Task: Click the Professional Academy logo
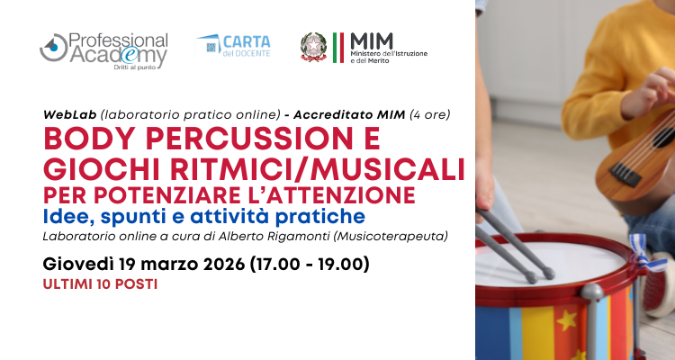pyautogui.click(x=103, y=51)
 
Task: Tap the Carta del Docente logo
pyautogui.click(x=233, y=46)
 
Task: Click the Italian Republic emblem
pyautogui.click(x=313, y=48)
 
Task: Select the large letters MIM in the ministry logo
pyautogui.click(x=372, y=41)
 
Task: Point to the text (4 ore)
pyautogui.click(x=429, y=114)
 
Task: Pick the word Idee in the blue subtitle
pyautogui.click(x=68, y=217)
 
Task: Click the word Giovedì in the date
pyautogui.click(x=78, y=264)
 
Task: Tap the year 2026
pyautogui.click(x=224, y=265)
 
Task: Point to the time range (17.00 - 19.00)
pyautogui.click(x=310, y=265)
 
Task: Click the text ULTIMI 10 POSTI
pyautogui.click(x=100, y=284)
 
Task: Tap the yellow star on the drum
pyautogui.click(x=566, y=320)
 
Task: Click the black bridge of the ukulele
pyautogui.click(x=624, y=174)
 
